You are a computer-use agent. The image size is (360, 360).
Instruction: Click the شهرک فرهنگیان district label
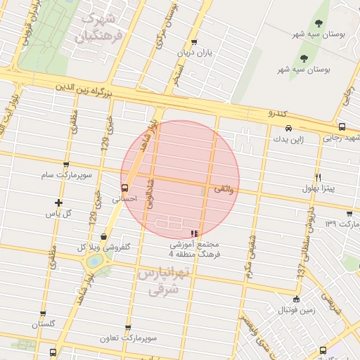coord(102,25)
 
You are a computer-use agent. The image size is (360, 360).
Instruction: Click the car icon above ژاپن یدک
coord(290,128)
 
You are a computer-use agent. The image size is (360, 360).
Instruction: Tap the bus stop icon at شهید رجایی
coord(342,127)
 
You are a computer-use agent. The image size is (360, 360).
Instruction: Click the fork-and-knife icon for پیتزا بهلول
coord(319,177)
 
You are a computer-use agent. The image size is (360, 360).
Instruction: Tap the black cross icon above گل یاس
coord(58,202)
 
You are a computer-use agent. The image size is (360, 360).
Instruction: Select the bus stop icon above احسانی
coord(124,188)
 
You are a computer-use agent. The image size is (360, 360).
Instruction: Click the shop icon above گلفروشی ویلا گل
coord(104,237)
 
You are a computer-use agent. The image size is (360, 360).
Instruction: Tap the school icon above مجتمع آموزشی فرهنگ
coord(195,233)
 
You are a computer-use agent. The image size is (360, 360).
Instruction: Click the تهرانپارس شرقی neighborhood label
coord(160,278)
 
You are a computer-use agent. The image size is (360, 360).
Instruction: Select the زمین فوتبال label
coord(297,309)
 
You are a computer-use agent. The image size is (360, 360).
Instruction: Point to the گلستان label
coord(43,324)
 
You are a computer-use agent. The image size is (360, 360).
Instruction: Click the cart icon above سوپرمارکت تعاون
coord(127,328)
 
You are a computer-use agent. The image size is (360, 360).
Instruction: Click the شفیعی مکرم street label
coord(250,257)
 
